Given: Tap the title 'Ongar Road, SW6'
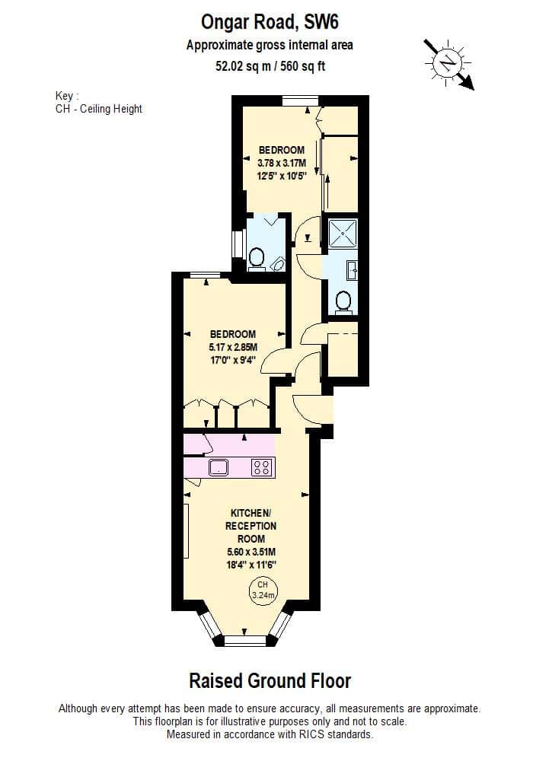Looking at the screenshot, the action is [x=270, y=22].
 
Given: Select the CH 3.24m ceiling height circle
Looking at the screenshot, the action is [x=263, y=591].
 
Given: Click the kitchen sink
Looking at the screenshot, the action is [x=219, y=467].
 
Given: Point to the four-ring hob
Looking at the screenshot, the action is [x=262, y=467].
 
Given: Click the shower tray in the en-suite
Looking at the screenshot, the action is [x=343, y=234].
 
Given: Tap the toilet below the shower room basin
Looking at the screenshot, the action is [x=343, y=301].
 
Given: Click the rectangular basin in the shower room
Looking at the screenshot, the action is [x=352, y=270].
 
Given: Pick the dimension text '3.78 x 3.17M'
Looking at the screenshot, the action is [x=282, y=163].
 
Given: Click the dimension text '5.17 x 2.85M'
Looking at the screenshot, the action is [x=233, y=347].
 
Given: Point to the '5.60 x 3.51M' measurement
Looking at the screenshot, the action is [x=251, y=552].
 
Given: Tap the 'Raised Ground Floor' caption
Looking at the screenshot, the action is [x=270, y=681].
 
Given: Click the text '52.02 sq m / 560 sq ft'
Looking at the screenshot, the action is [x=270, y=65].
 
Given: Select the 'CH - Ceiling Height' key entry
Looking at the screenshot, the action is [x=98, y=109].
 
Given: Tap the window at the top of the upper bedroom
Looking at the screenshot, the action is [x=301, y=101].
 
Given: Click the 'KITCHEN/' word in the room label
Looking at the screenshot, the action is [x=251, y=513].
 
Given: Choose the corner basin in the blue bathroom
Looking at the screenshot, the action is [x=278, y=263].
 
